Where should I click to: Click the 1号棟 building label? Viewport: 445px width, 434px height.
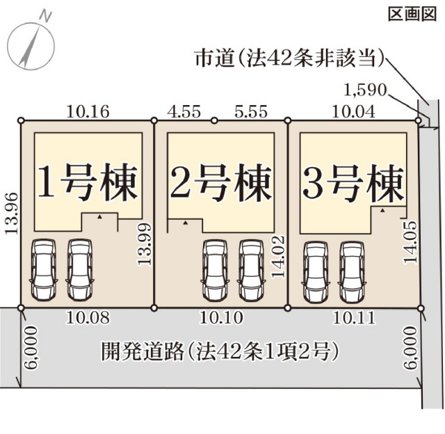click(x=87, y=182)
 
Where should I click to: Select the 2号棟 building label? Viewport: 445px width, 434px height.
click(x=220, y=182)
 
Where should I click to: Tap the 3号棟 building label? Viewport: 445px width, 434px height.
click(x=353, y=182)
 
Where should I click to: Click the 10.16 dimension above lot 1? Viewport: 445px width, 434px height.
click(x=87, y=109)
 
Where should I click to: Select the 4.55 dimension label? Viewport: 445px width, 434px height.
click(x=184, y=109)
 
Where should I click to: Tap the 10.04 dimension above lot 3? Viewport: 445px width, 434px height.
click(x=354, y=109)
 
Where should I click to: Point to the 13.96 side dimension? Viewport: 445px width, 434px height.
click(x=10, y=214)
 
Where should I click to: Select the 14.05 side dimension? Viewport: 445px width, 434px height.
click(x=411, y=242)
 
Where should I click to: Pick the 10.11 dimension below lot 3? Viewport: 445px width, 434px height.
click(x=355, y=319)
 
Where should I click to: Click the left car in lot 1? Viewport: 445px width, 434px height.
click(x=42, y=270)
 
